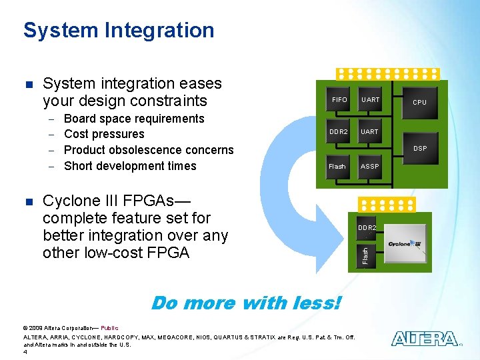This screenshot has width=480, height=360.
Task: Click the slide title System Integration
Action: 119,30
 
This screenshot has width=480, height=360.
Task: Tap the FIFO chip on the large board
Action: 339,100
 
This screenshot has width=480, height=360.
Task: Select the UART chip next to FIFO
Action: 370,100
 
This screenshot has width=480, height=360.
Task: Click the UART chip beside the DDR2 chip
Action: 370,132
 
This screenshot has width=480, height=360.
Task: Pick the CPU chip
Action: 419,103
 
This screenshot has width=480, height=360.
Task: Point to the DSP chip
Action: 419,148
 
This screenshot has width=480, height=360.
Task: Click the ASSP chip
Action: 370,166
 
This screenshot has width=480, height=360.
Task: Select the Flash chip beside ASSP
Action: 338,166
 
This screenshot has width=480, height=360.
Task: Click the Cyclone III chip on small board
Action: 405,244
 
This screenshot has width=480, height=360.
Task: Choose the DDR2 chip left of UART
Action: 339,132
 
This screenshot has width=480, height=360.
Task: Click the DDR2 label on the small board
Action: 367,227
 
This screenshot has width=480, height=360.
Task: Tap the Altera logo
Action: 425,339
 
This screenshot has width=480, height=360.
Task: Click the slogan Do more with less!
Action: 246,303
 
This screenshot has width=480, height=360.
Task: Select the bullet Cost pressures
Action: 104,134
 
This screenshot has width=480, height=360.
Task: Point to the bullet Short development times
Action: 130,166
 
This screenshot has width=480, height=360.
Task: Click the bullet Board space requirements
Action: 134,119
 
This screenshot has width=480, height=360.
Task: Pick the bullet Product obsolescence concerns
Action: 149,150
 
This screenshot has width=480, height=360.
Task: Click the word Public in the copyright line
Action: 109,328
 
